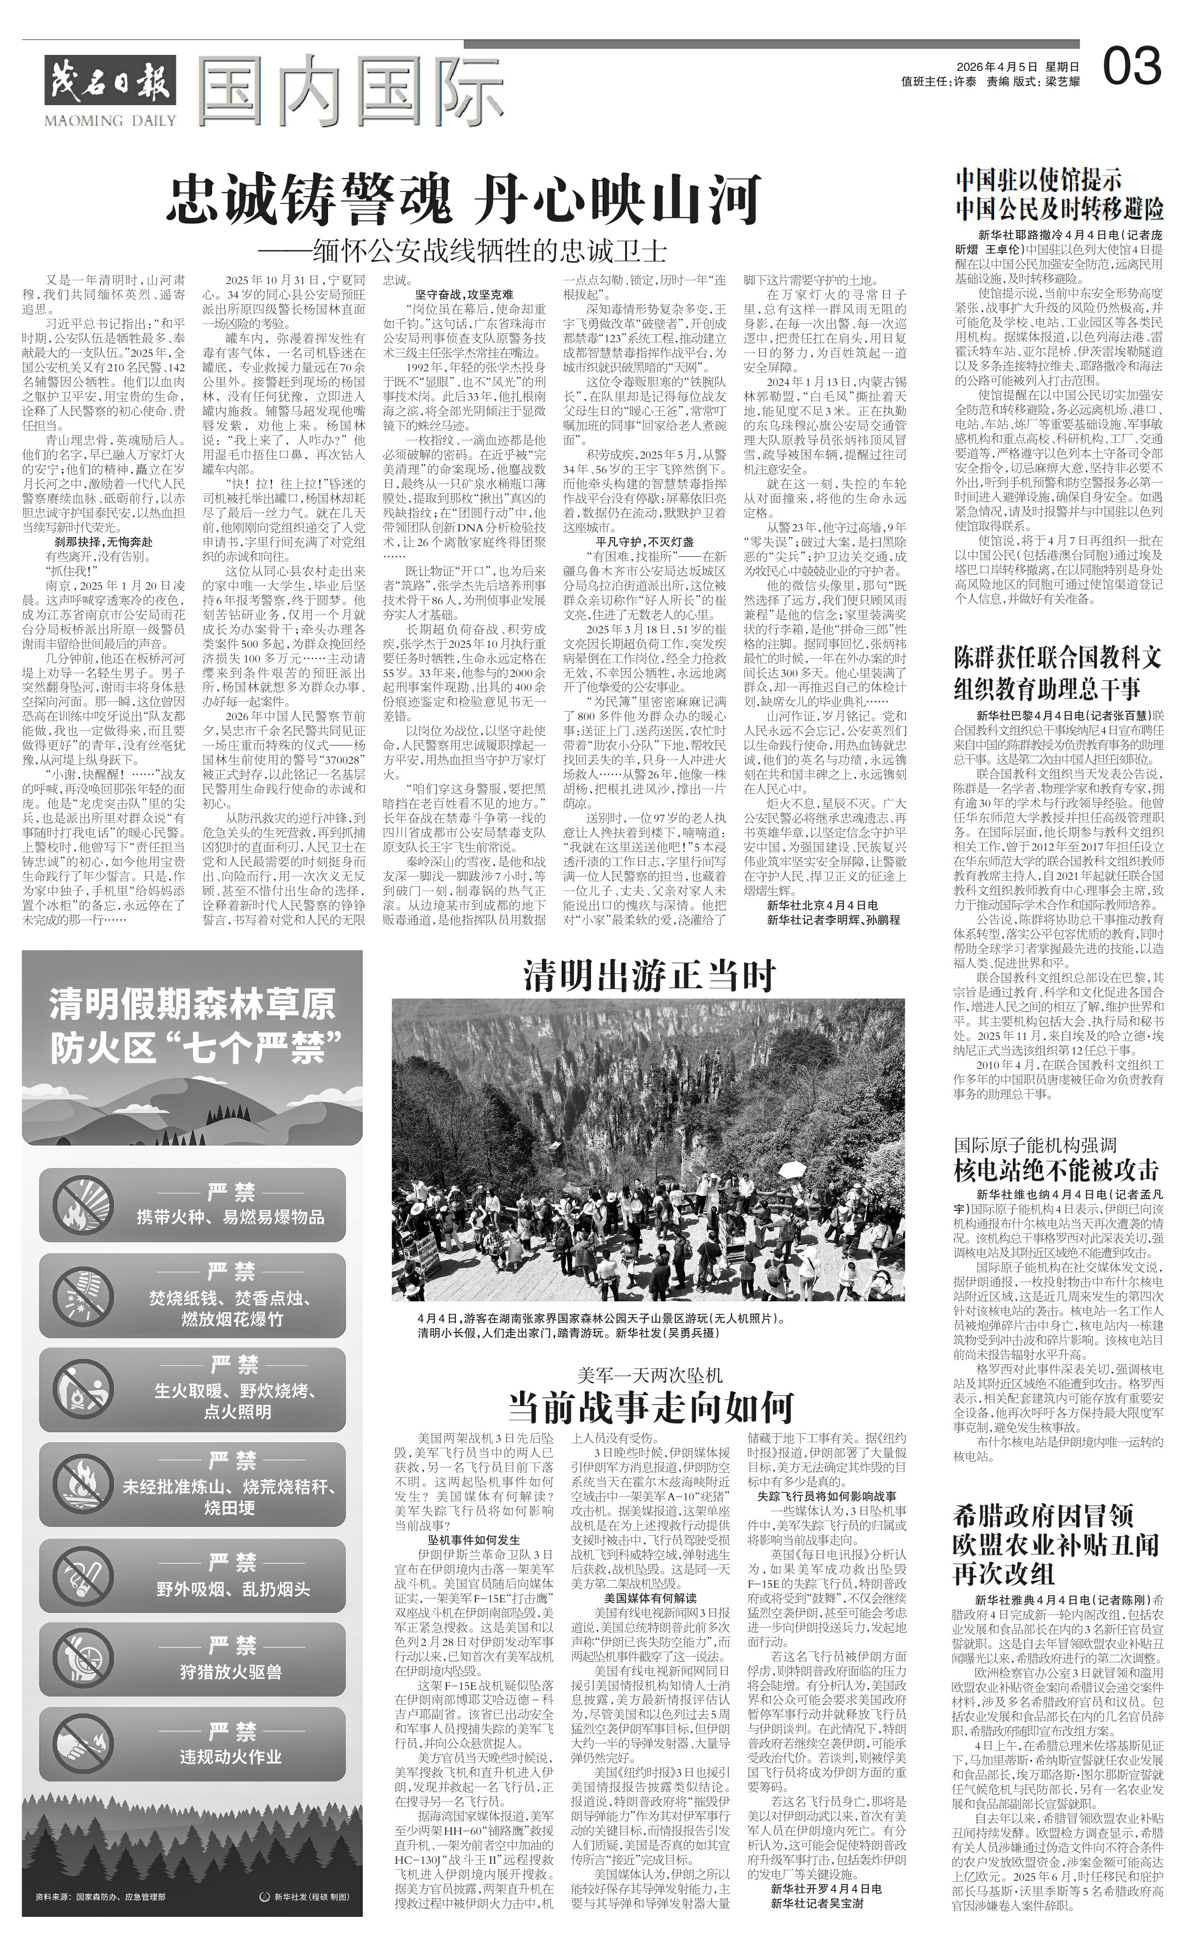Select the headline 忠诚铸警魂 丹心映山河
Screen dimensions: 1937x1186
coord(464,200)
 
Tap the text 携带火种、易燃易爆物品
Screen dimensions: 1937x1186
coord(230,1217)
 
